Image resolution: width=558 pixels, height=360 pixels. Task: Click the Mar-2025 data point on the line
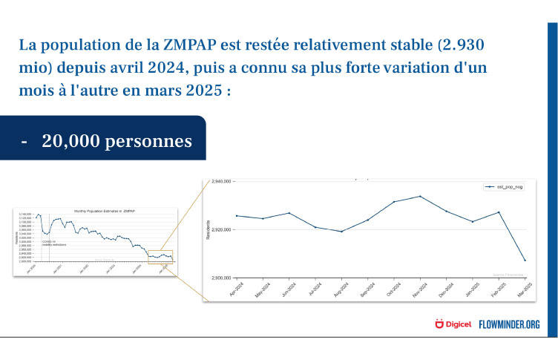(x=525, y=261)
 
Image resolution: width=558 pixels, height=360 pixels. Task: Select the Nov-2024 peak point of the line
(x=421, y=196)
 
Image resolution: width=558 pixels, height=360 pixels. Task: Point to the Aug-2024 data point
(x=341, y=232)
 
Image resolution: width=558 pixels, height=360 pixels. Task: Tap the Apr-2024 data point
(x=236, y=216)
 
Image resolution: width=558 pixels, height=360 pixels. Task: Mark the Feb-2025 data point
(x=499, y=212)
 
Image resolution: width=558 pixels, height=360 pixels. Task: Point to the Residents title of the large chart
(x=210, y=229)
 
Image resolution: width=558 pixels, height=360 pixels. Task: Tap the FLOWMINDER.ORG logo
(x=508, y=324)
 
